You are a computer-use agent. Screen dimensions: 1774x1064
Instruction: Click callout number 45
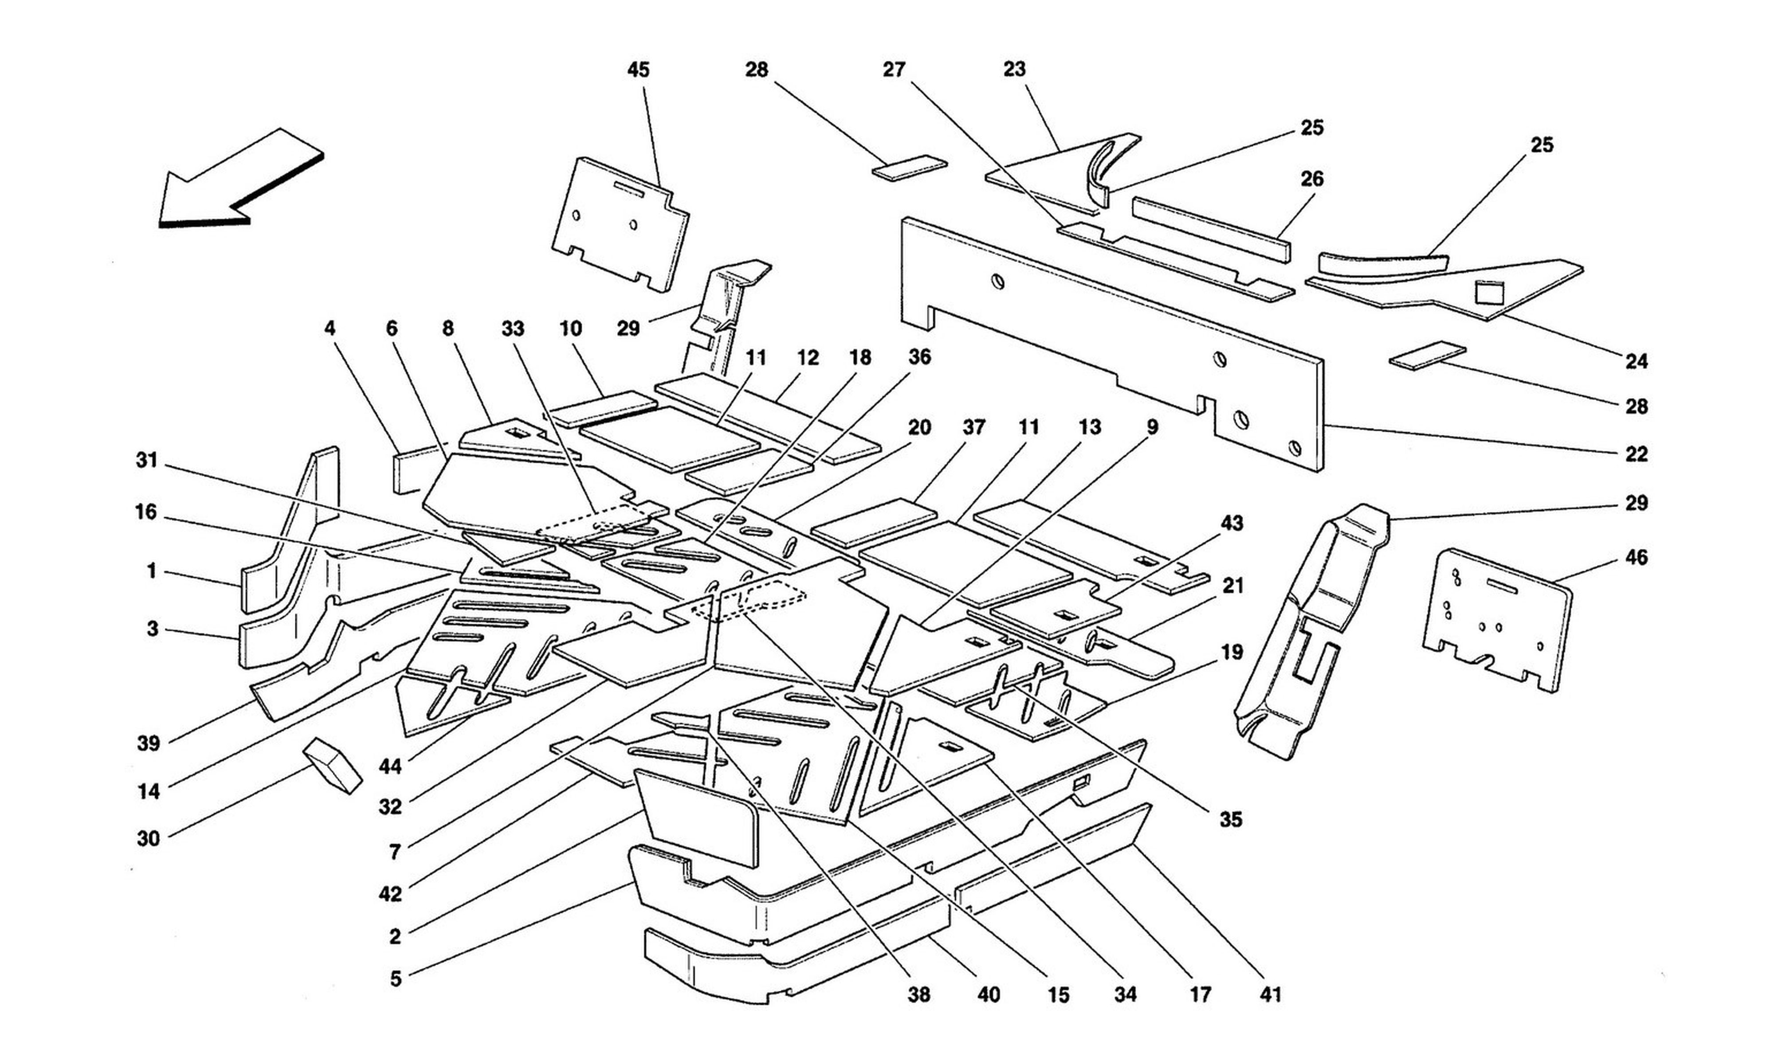point(638,70)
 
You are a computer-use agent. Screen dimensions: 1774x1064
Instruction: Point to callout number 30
point(149,838)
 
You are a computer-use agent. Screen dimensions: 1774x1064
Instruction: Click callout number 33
point(513,329)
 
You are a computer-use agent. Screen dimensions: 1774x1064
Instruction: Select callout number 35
point(1230,820)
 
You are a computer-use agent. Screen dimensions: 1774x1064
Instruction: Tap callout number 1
point(151,571)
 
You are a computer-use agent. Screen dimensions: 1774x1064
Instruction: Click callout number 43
point(1232,524)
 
